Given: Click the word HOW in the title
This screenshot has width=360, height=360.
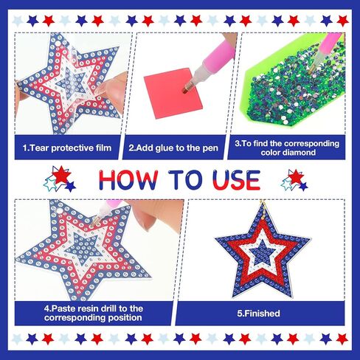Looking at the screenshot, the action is coord(128,180).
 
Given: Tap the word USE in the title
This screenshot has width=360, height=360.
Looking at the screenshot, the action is coord(237,180).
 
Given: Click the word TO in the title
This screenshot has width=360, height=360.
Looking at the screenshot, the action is coord(186,180).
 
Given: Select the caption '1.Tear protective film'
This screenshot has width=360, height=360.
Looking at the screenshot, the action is coord(67,148).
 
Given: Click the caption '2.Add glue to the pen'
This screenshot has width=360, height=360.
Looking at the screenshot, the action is coord(173,148).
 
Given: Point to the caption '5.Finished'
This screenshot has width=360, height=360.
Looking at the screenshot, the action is coord(258,314).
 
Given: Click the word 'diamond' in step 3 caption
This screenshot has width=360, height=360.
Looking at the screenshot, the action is coord(288,153).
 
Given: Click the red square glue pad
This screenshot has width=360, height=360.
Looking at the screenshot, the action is coord(173,93).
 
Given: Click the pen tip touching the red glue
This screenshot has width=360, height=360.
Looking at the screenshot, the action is coord(186,89).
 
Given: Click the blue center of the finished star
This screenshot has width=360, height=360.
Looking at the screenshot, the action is coord(262,252).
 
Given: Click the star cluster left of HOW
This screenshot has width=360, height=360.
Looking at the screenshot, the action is coord(60,179).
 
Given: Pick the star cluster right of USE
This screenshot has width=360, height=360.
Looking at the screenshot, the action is coord(294,180).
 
